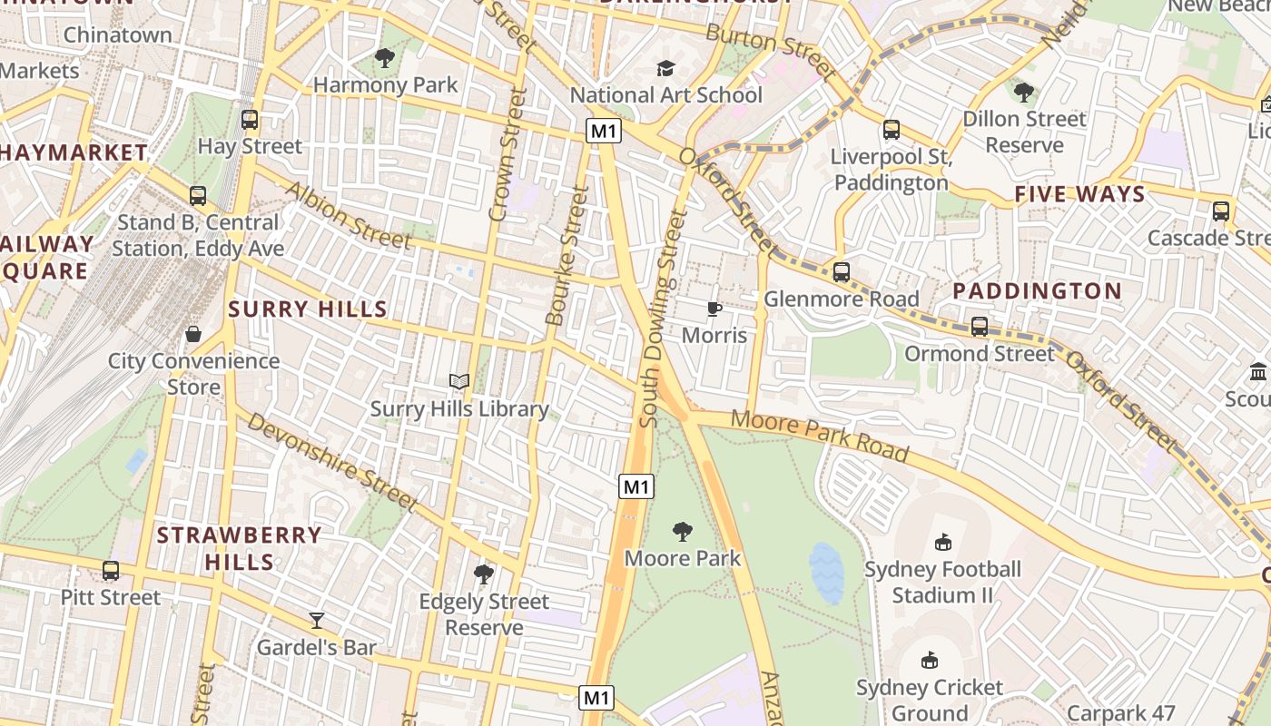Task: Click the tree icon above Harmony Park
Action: pos(385,59)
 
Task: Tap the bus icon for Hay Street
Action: pos(250,120)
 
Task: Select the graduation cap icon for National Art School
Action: pos(665,69)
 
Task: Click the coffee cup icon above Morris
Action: pos(714,309)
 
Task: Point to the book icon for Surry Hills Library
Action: pos(459,382)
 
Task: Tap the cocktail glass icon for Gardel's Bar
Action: pos(317,621)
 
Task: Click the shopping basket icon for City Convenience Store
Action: pos(193,334)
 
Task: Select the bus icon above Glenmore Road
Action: pos(842,272)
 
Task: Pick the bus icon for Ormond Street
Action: pos(980,327)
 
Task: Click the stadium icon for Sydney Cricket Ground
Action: pos(930,661)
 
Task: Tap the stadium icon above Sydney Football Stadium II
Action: pos(942,543)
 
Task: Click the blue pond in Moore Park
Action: pos(826,573)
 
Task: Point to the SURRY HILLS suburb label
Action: pos(308,309)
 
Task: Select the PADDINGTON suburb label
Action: pos(1037,291)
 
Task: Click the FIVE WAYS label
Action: pos(1079,194)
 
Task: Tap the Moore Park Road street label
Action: pos(819,435)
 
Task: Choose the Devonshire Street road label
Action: pos(331,461)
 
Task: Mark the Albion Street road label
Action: pos(349,215)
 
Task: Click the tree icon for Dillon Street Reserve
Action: pos(1024,93)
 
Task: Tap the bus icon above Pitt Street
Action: pos(111,571)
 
